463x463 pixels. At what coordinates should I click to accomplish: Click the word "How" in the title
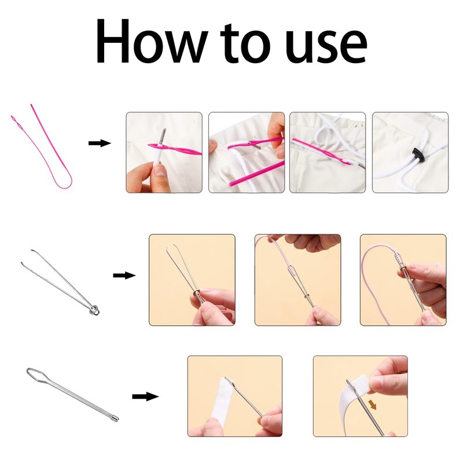151,41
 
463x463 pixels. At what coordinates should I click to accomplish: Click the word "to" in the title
245,43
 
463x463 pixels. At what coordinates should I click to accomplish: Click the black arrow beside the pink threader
100,143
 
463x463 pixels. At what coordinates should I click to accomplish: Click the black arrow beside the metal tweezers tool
124,275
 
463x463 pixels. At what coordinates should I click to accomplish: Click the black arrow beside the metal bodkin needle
145,396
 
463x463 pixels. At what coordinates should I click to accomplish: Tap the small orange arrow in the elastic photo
373,405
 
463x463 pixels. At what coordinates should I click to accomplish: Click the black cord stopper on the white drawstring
417,154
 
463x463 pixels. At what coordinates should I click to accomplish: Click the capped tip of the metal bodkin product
115,418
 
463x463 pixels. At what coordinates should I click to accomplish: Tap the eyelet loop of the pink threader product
16,121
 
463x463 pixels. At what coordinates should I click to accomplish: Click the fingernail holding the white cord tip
160,170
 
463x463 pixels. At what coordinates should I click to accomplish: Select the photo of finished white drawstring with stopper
410,152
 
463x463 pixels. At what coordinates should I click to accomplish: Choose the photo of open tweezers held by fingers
192,280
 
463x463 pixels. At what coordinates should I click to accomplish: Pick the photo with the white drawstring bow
328,152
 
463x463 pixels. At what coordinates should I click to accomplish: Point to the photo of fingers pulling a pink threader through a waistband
247,152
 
